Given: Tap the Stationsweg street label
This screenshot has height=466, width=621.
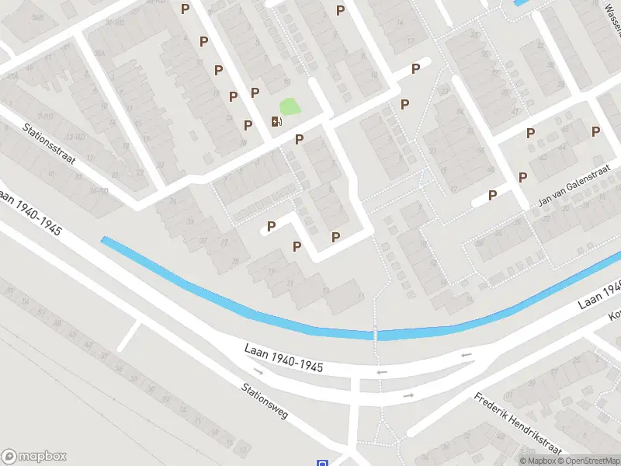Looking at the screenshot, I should tap(265, 401).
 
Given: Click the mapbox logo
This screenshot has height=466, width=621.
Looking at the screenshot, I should tap(34, 457).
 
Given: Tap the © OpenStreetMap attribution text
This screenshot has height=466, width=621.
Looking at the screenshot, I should tap(588, 461).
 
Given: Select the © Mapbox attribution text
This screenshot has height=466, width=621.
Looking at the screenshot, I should tap(537, 461).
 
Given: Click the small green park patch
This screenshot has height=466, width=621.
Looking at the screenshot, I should tap(290, 106).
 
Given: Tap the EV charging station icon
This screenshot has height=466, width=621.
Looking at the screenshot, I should tap(276, 120).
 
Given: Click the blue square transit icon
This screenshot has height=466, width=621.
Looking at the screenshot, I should tap(323, 463).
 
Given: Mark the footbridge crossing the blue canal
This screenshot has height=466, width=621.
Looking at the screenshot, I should tap(376, 334).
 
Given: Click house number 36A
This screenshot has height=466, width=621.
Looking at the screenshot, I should tap(99, 53).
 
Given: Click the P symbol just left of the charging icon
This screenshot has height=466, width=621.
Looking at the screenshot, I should tap(248, 125).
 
